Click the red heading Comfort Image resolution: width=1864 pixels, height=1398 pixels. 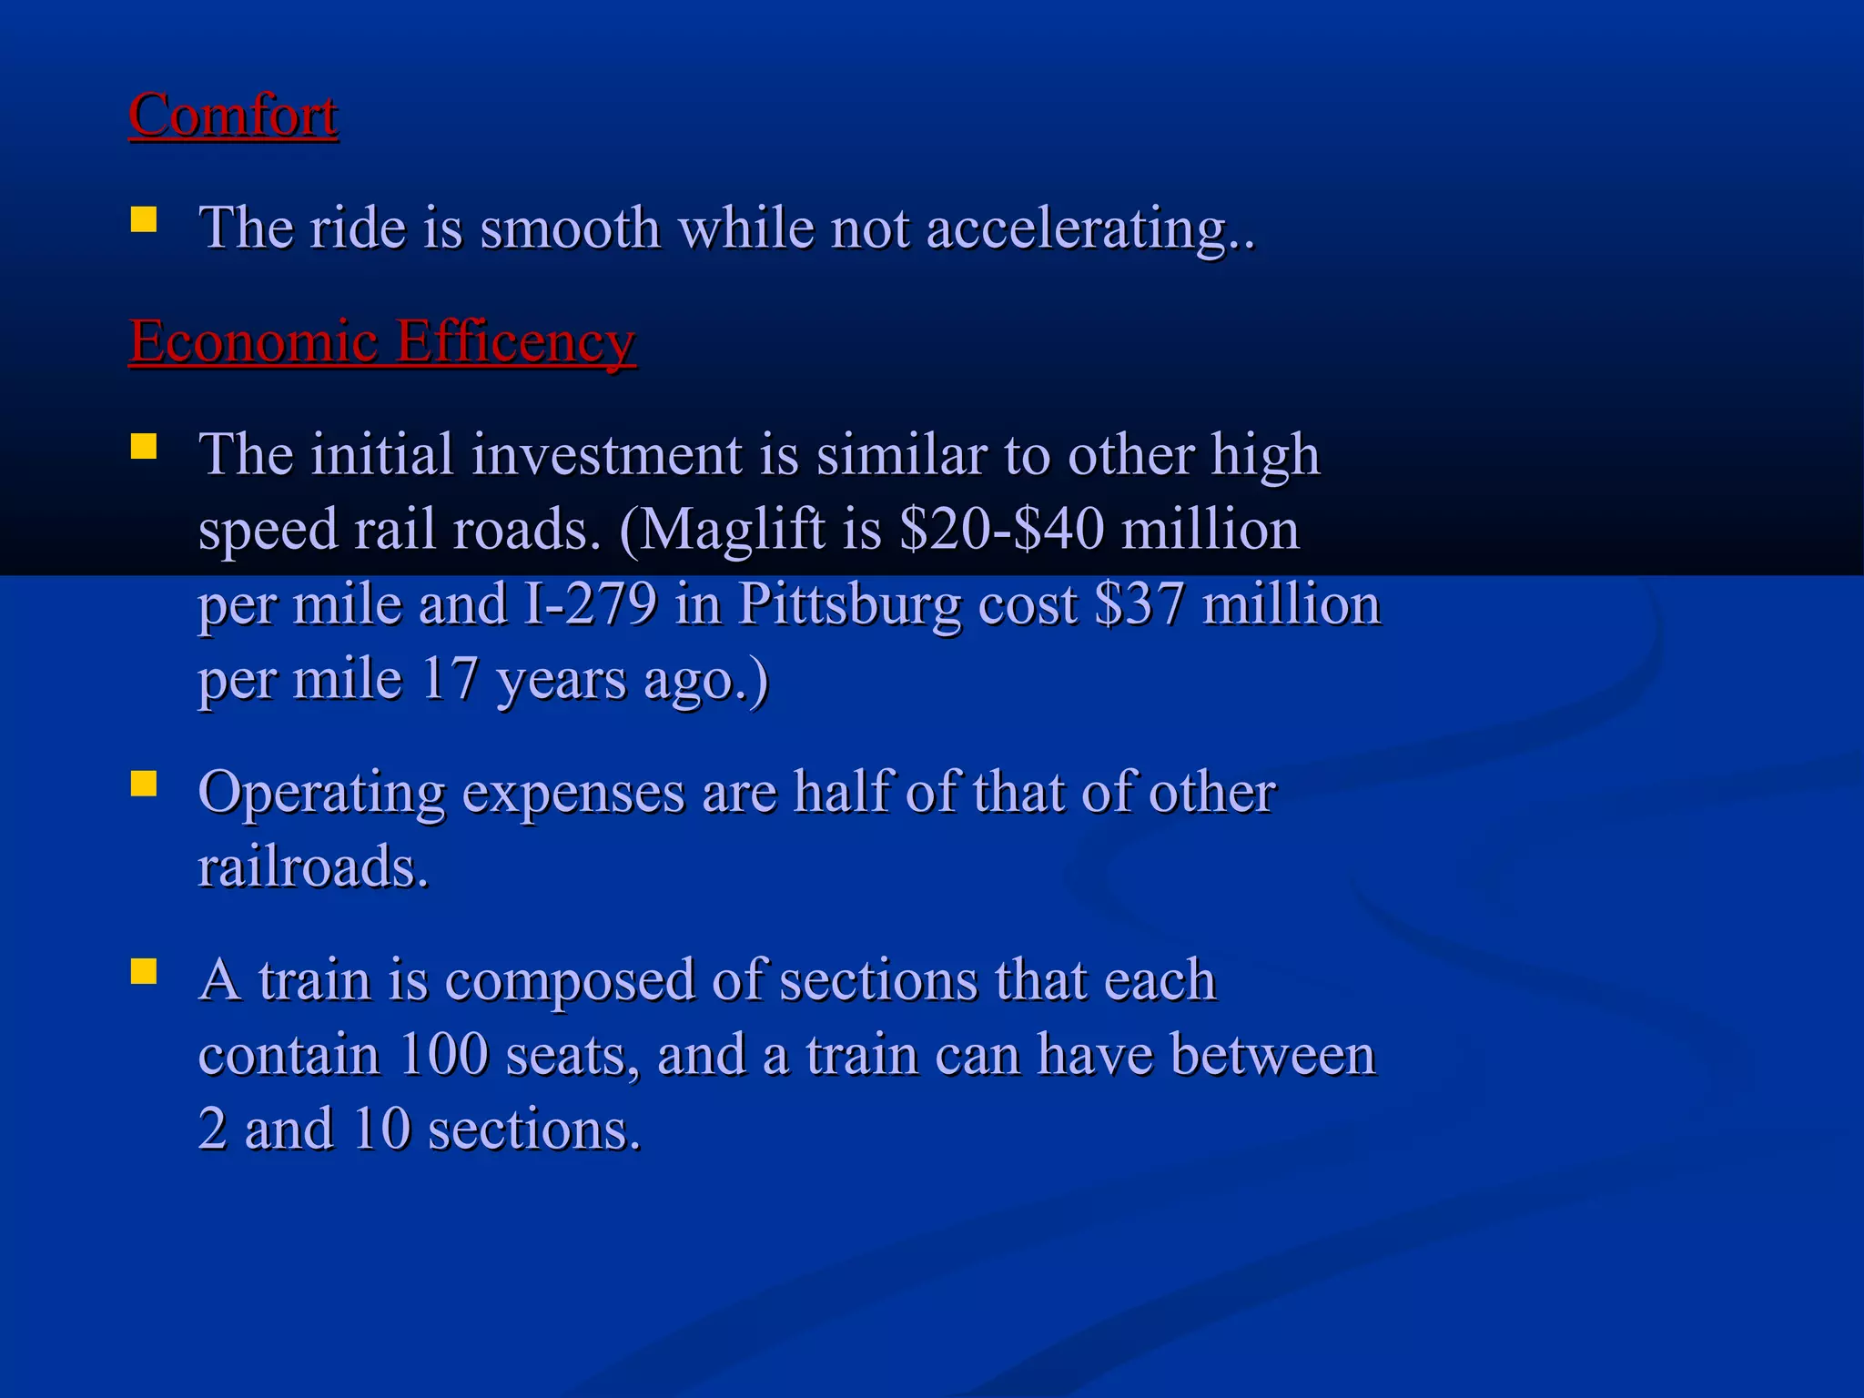tap(233, 116)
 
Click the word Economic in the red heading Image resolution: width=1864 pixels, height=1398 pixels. tap(253, 342)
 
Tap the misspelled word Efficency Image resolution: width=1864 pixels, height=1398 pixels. tap(516, 344)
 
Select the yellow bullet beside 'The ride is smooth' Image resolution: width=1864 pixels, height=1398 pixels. tap(144, 220)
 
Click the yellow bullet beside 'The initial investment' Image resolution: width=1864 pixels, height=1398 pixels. tap(144, 447)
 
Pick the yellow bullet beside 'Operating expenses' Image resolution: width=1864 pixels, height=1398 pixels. tap(144, 784)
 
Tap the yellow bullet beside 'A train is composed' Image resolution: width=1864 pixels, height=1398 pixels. tap(144, 972)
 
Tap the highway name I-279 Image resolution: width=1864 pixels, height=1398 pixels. tap(591, 604)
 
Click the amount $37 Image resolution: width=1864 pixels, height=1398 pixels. tap(1140, 604)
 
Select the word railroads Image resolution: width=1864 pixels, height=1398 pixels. tap(312, 867)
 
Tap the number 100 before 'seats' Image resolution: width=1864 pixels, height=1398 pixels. tap(444, 1056)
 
